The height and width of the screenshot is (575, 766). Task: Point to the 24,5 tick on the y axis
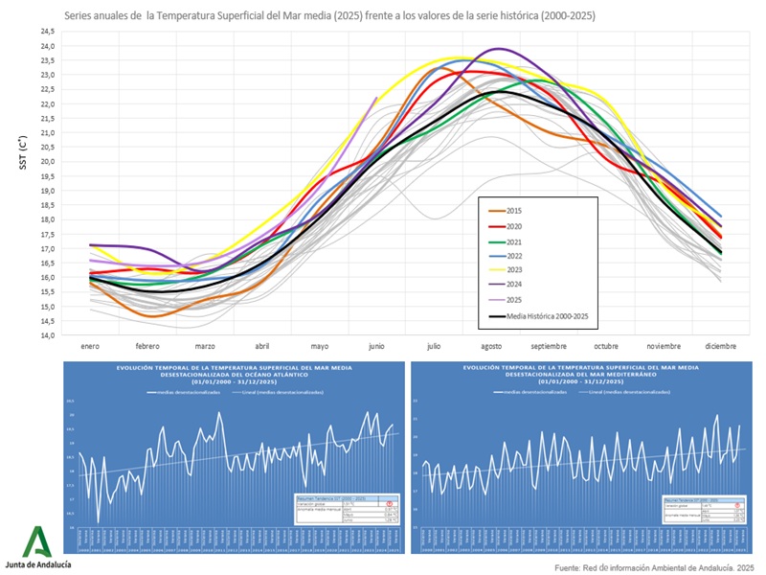(47, 32)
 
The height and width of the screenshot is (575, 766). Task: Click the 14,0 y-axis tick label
(47, 335)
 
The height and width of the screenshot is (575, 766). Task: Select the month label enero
(90, 345)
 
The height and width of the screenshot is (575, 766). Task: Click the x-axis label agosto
(491, 345)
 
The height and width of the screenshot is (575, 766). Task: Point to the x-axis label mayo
(320, 345)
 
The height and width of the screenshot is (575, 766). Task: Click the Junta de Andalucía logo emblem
(35, 540)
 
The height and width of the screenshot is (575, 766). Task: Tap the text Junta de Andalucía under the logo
(38, 564)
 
